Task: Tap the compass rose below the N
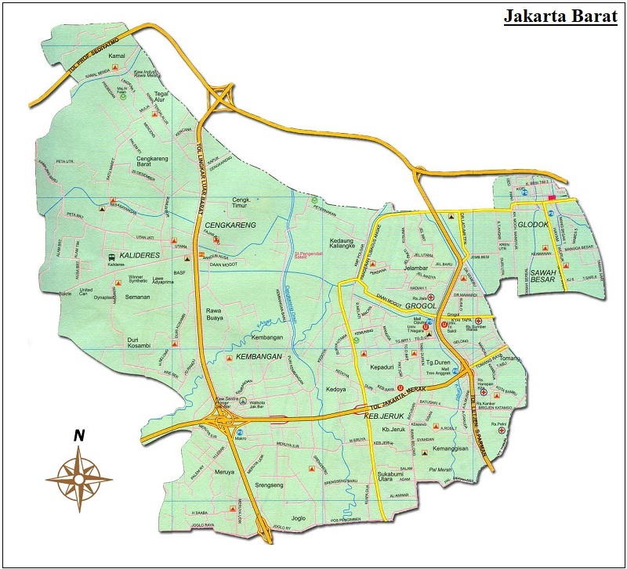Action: [78, 476]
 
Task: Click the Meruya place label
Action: [225, 471]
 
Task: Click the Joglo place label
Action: [298, 518]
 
